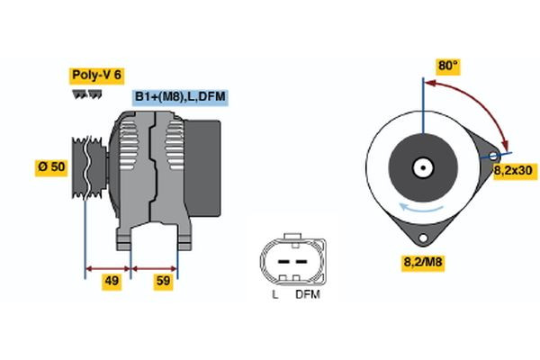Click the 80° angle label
coord(447,67)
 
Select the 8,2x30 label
coord(515,169)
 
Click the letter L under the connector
coord(274,294)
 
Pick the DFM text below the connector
coord(307,294)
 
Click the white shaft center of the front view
coord(421,167)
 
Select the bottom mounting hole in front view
coord(421,238)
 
